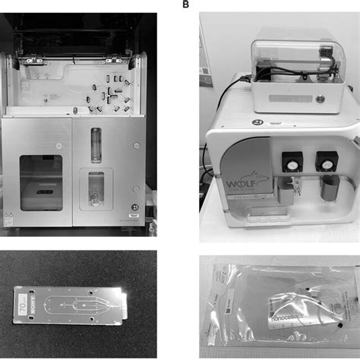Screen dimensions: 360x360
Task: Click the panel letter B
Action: point(186,4)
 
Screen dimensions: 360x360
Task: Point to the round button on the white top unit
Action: point(319,98)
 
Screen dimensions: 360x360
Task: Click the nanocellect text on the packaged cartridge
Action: point(277,311)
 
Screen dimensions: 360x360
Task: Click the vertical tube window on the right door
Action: point(95,144)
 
